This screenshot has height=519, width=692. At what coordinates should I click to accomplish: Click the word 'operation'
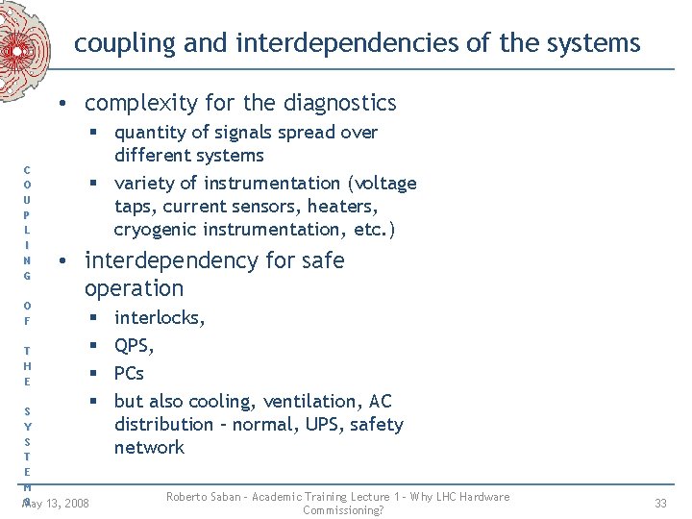point(134,288)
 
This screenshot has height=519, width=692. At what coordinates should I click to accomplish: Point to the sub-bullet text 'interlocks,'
point(160,317)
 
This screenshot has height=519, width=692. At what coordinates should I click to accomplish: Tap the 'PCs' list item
point(129,373)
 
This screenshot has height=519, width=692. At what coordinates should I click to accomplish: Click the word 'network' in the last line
point(149,447)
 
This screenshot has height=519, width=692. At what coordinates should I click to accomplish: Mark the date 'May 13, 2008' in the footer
point(57,503)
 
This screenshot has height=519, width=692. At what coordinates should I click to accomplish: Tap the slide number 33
point(660,503)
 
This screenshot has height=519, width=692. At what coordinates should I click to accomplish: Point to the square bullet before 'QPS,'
point(95,345)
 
